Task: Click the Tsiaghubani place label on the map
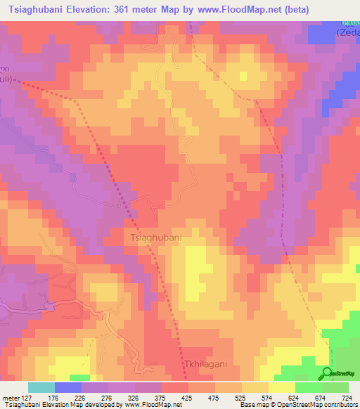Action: (155, 238)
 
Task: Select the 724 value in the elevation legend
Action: (347, 398)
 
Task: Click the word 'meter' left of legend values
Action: (11, 398)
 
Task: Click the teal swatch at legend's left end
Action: (41, 387)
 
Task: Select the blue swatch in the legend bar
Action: (67, 387)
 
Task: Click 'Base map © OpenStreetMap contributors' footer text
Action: (300, 405)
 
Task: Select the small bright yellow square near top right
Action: (243, 74)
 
